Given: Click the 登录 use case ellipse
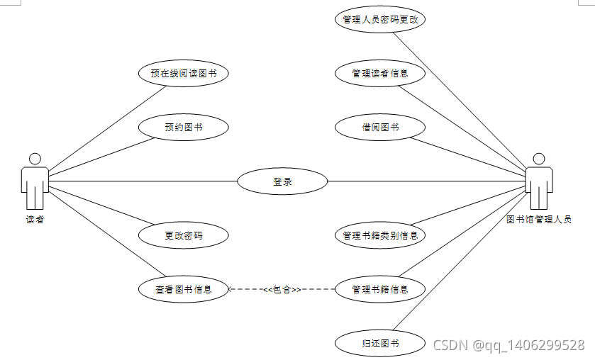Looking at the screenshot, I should (282, 181).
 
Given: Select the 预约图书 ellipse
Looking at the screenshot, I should (183, 128).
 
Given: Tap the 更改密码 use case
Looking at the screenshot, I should (183, 235).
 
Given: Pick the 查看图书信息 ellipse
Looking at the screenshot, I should (183, 289).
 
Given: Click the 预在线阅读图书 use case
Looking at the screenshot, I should (183, 74).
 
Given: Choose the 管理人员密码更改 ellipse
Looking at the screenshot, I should (379, 20).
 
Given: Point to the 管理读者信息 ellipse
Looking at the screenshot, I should (379, 74).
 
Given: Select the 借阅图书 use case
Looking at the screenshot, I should (379, 128).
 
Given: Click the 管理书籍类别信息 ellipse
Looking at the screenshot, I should (379, 235).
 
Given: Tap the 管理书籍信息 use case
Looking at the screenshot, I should (379, 289).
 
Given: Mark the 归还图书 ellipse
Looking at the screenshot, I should (379, 344).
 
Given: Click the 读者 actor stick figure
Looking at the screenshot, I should (35, 181).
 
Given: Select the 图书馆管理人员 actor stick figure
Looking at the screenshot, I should (538, 181).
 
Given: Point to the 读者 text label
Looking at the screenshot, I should (35, 220).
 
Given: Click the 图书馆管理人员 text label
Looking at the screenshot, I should (539, 220).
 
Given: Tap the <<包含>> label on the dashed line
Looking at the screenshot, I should (282, 289).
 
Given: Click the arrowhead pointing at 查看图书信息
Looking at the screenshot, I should (232, 289).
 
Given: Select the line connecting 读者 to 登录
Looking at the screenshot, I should (142, 181).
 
